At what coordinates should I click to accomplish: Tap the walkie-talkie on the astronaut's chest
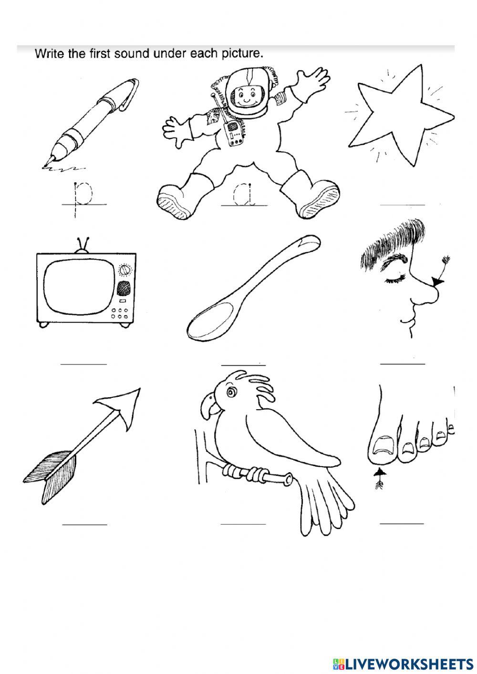click(x=233, y=134)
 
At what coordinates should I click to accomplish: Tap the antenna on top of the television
click(x=83, y=246)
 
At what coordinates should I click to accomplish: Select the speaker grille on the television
click(x=124, y=288)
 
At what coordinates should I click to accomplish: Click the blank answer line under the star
click(x=403, y=205)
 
